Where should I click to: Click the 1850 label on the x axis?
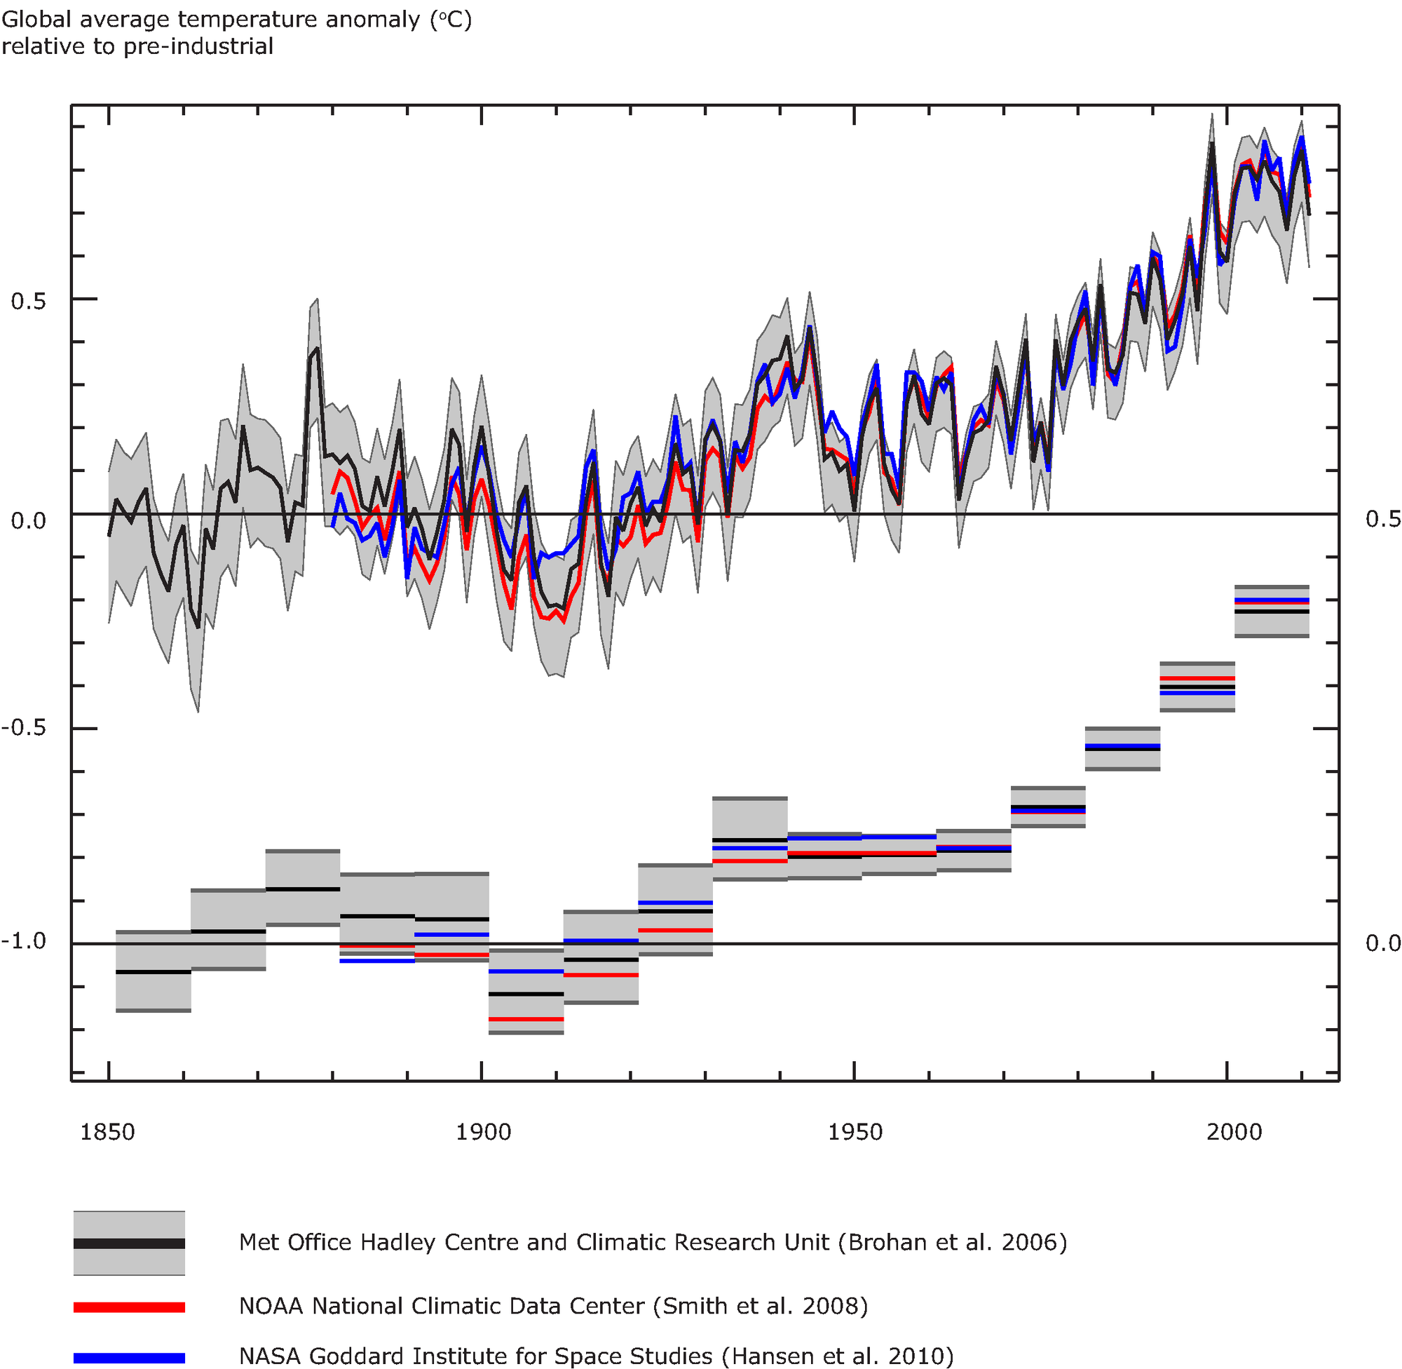[107, 1133]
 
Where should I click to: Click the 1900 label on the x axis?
[483, 1133]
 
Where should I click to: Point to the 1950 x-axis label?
[855, 1133]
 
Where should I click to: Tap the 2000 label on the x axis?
[1234, 1133]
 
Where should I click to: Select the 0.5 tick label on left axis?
[29, 302]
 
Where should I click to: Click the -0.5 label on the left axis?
[24, 728]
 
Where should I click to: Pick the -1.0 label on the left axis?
[24, 941]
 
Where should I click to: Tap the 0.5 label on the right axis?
[1382, 519]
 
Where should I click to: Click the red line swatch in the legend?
[130, 1307]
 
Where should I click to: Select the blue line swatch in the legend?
[130, 1358]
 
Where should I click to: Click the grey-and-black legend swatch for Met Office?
[130, 1243]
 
